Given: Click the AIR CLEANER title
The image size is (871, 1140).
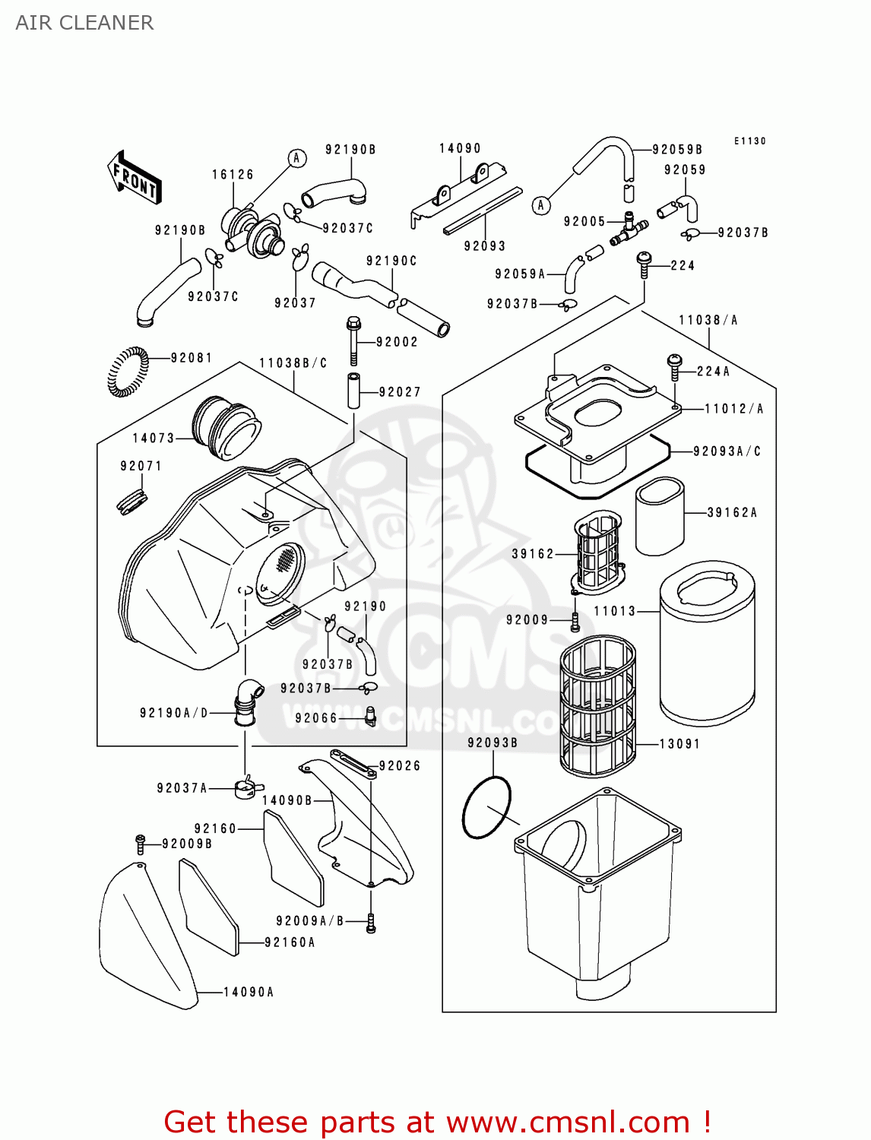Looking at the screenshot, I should tap(84, 23).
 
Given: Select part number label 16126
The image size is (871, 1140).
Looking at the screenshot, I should tap(233, 175).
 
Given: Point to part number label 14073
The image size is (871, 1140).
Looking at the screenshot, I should tap(154, 439).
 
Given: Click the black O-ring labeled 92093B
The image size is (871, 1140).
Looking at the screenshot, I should tap(487, 807).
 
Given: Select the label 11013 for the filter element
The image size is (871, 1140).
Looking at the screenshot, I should tap(614, 611).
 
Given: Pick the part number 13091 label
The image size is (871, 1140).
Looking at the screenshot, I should tap(679, 744).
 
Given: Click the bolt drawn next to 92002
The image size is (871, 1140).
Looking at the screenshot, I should tap(353, 341).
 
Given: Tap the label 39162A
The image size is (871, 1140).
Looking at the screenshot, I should tap(732, 513).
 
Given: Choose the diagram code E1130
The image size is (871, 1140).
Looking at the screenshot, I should tap(750, 141).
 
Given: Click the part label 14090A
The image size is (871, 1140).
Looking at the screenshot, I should tap(249, 993).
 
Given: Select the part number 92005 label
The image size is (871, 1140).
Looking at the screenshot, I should tap(584, 222).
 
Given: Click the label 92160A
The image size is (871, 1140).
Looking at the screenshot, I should tap(290, 942).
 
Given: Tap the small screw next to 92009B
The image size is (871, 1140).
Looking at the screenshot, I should tap(141, 843).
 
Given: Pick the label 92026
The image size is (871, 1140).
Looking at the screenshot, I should tap(400, 766).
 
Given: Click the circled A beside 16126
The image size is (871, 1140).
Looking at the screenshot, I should tap(297, 158).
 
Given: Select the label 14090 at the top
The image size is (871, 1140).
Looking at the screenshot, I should tap(460, 149).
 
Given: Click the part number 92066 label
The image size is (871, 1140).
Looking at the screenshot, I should tap(316, 718).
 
